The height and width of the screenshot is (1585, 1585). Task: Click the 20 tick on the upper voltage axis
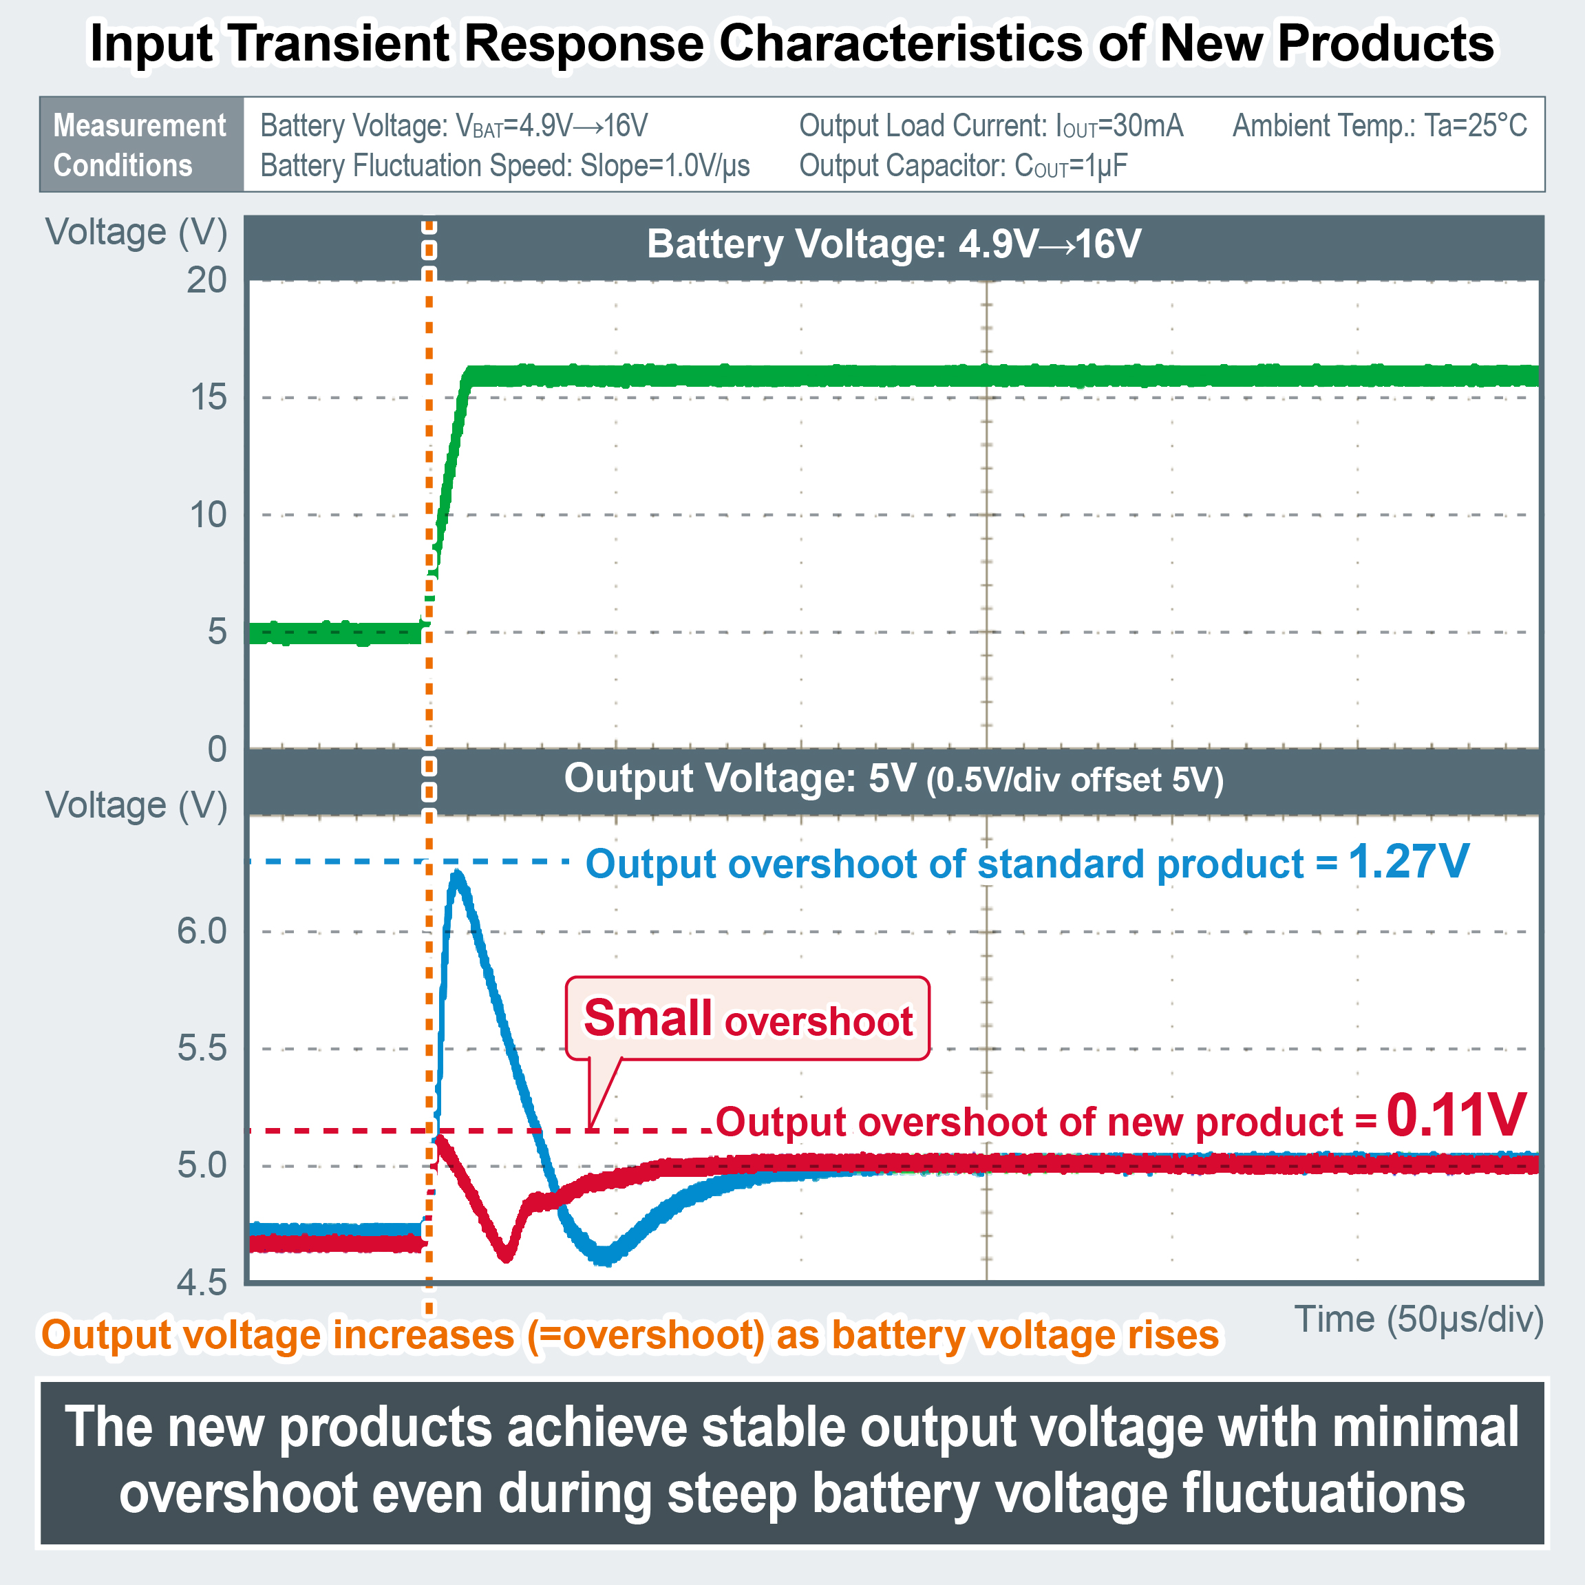tap(206, 281)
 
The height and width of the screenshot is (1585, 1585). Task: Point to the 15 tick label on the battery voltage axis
tap(209, 398)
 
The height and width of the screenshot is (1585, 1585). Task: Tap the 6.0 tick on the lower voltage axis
tap(202, 931)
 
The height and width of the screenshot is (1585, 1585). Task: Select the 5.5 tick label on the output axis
tap(202, 1048)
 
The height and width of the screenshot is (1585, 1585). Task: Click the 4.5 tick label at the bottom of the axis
tap(202, 1282)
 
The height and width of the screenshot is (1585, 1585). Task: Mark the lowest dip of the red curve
tap(506, 1255)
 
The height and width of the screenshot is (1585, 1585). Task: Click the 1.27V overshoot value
tap(1408, 862)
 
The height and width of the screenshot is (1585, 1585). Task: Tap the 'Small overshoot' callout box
tap(747, 1018)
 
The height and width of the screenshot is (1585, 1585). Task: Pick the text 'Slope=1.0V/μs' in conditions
tap(666, 166)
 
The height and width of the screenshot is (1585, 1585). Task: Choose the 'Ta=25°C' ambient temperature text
tap(1475, 125)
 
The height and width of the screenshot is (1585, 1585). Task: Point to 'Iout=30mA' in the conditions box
tap(1119, 125)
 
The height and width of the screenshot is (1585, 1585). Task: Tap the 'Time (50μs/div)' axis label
tap(1418, 1319)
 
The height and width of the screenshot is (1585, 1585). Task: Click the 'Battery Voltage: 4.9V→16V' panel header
tap(893, 244)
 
